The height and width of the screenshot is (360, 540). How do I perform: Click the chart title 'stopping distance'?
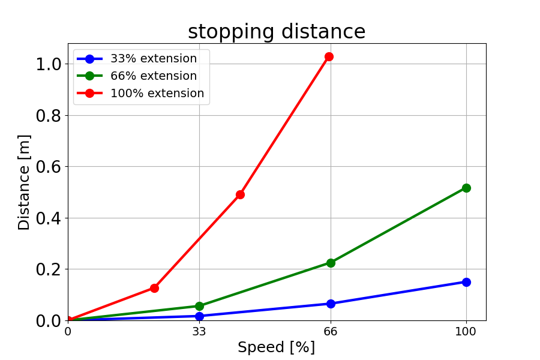coord(277,32)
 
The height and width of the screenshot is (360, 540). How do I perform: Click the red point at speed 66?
coord(329,56)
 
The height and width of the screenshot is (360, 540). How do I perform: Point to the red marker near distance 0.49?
coord(240,194)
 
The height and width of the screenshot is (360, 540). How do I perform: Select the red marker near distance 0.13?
coord(154,288)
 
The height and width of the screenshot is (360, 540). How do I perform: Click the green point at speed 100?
coord(466,188)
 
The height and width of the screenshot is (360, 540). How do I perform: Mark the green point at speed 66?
coord(331,263)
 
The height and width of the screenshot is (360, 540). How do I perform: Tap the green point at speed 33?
coord(199,306)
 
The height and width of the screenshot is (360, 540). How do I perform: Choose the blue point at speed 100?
coord(466,282)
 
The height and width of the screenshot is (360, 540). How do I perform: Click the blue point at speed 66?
coord(331,304)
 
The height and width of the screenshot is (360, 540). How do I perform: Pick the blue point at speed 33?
coord(199,316)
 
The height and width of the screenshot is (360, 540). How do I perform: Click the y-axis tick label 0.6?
coord(48,167)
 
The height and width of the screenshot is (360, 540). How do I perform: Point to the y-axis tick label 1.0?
coord(48,64)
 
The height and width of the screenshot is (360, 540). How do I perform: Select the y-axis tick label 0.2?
coord(48,269)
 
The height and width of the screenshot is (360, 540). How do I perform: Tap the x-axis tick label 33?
coord(199,331)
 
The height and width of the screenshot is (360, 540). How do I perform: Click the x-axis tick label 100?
coord(466,331)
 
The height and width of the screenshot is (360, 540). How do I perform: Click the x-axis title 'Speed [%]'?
coord(276,347)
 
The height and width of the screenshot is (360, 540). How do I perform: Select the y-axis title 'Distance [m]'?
coord(24,182)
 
